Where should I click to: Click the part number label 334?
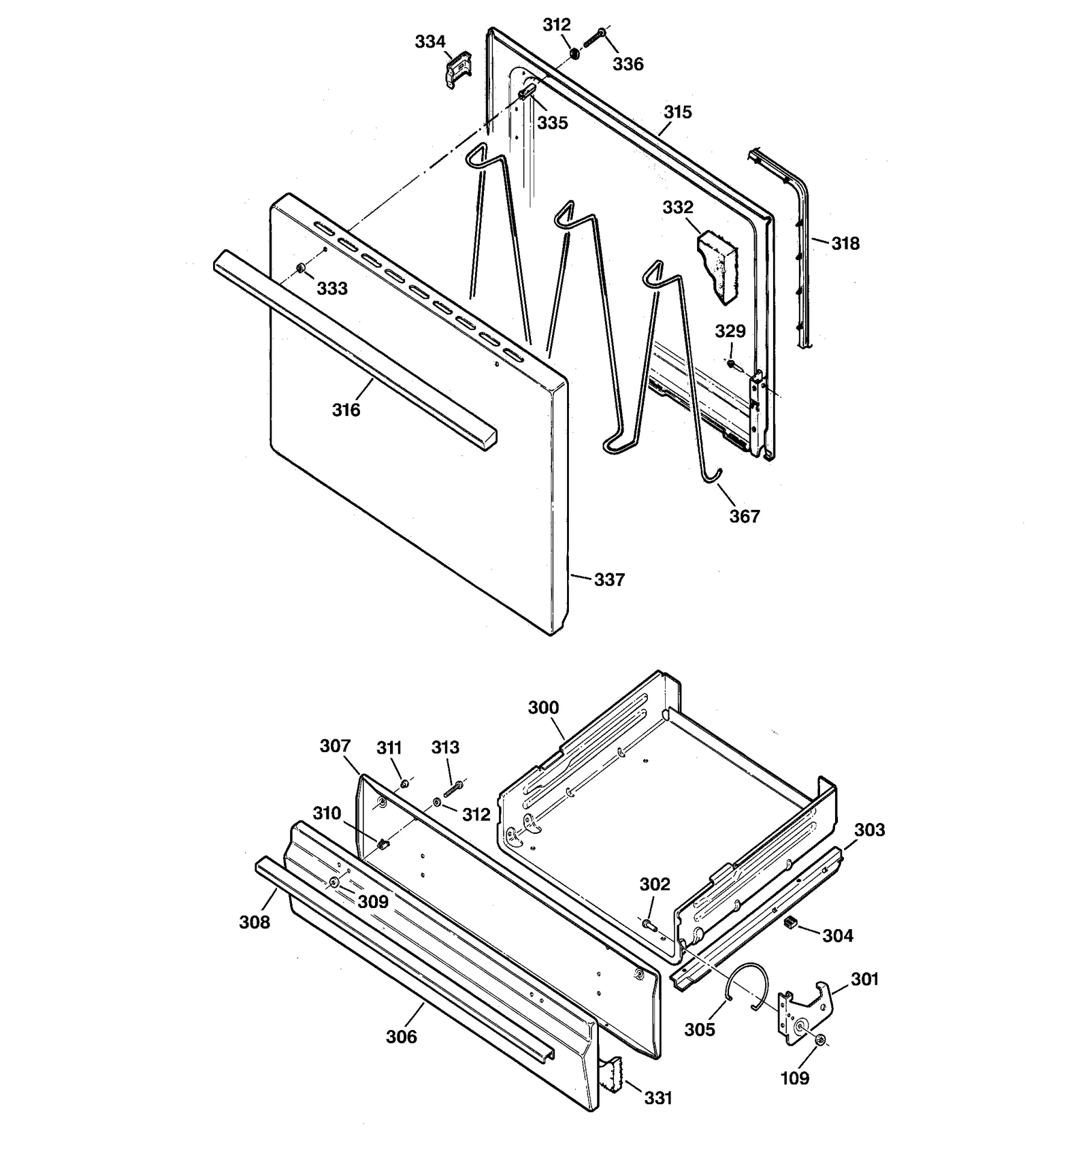(x=430, y=42)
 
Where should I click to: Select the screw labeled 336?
(x=595, y=37)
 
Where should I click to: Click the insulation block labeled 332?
(x=717, y=266)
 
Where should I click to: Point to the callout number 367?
(x=744, y=516)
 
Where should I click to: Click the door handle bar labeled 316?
(x=354, y=350)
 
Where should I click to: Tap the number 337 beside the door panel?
(x=609, y=579)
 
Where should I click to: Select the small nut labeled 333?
(x=300, y=269)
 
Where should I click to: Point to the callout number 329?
(x=730, y=331)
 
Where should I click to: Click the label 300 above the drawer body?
(x=543, y=707)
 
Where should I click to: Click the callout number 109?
(x=794, y=1078)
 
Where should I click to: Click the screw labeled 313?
(x=453, y=790)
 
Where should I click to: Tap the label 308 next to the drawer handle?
(x=254, y=922)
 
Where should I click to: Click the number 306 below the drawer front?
(x=402, y=1036)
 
